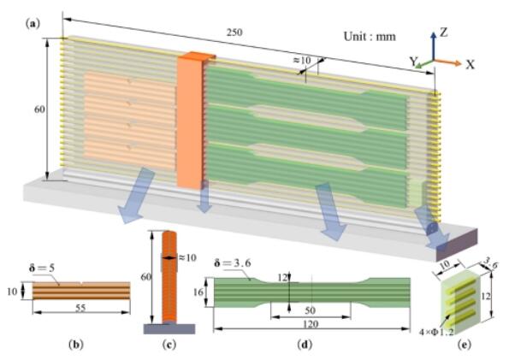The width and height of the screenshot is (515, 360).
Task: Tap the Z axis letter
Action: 443,32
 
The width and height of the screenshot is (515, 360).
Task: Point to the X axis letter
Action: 471,64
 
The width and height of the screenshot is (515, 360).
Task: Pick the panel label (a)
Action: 31,24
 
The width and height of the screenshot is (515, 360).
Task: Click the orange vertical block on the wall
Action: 191,120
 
